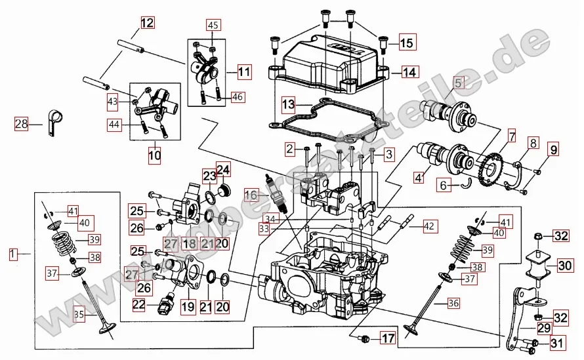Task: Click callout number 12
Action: (x=146, y=23)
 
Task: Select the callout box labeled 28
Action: (x=22, y=123)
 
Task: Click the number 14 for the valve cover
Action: (x=409, y=72)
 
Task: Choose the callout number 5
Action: (x=457, y=83)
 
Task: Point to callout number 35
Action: (x=78, y=315)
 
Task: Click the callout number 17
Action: (x=388, y=339)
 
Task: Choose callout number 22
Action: (x=138, y=304)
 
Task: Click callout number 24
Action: (x=224, y=171)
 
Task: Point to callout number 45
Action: (x=212, y=25)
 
